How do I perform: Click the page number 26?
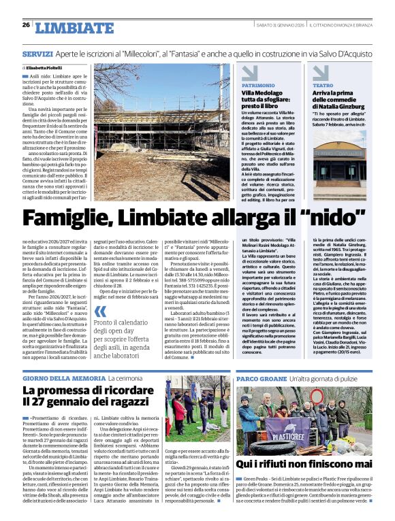(x=26, y=24)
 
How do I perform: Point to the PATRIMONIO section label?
(x=257, y=86)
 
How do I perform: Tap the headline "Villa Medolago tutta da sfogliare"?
(x=263, y=101)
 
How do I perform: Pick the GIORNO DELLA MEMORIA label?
(x=63, y=377)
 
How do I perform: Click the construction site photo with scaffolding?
(x=162, y=132)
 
